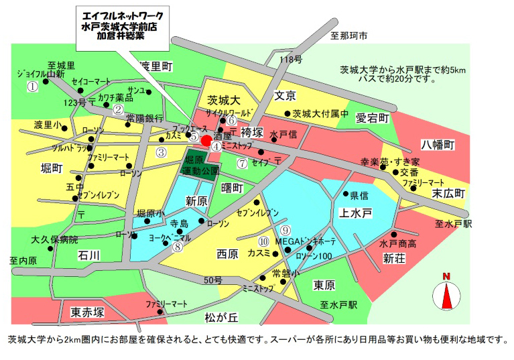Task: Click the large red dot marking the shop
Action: [x=206, y=140]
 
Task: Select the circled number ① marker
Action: [x=31, y=86]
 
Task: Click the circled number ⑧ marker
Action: [x=177, y=246]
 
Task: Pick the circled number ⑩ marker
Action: [x=263, y=241]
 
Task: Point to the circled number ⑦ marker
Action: [x=241, y=162]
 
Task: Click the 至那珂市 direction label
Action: [x=349, y=36]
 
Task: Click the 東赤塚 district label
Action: [x=87, y=312]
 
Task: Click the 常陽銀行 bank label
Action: [x=144, y=117]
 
